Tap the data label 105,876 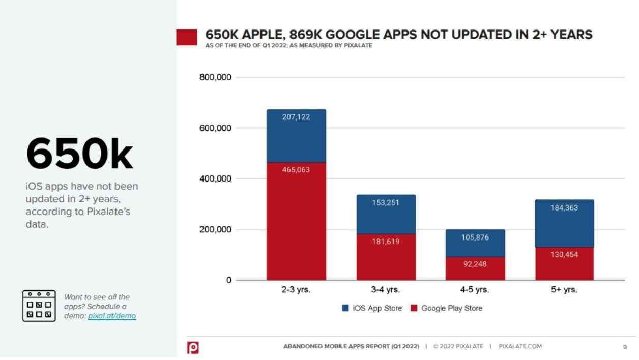(475, 237)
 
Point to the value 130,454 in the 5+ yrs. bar (564, 254)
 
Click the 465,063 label (296, 170)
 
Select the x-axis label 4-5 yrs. (475, 290)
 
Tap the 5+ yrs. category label (564, 290)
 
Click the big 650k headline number (79, 154)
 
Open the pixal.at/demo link (112, 316)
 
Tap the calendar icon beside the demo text (39, 306)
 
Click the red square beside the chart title (186, 37)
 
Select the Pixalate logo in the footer (193, 347)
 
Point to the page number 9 (625, 347)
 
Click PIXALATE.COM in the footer (520, 346)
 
